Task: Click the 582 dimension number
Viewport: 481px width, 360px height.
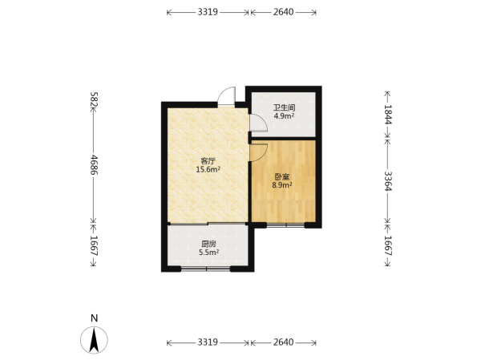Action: [94, 99]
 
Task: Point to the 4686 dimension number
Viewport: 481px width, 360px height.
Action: [94, 165]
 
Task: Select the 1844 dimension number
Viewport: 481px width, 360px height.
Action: [388, 114]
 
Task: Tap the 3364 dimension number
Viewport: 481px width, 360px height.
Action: [388, 180]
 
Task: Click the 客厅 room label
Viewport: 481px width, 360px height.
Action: [208, 161]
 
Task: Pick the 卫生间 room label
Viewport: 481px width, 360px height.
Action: [284, 107]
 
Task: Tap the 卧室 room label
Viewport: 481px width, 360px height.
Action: [281, 176]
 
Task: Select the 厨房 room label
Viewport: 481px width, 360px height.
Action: [208, 244]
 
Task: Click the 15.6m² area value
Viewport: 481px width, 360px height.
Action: [208, 169]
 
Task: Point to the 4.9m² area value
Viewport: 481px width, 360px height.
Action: [284, 116]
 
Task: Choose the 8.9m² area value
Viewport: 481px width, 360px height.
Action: [281, 185]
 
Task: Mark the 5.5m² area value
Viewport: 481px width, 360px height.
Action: [208, 253]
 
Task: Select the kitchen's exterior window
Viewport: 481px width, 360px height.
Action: [205, 269]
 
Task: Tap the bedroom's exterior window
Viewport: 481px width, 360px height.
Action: [285, 225]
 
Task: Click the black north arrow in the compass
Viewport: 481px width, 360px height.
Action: [94, 340]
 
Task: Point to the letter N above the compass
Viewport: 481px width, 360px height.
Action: [94, 318]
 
